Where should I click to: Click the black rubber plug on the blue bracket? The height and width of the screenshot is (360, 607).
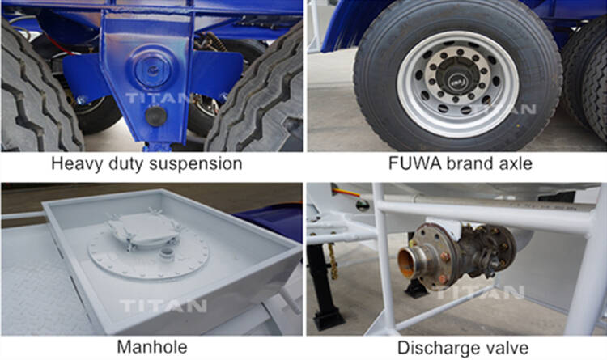tap(155, 116)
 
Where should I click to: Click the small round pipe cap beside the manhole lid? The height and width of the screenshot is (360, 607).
tap(168, 252)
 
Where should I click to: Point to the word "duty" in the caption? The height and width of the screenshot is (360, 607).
tap(132, 164)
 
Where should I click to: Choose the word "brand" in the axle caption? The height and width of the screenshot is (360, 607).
tap(465, 164)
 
